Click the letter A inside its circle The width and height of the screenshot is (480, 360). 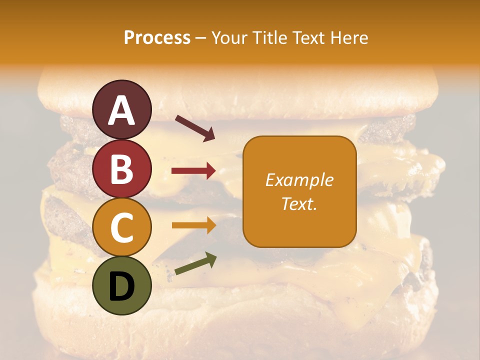[x=121, y=110]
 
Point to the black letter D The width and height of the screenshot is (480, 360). [x=121, y=286]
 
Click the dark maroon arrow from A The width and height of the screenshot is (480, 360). [x=195, y=128]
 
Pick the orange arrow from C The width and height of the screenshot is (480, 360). [x=193, y=225]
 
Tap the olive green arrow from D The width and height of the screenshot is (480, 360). [x=195, y=263]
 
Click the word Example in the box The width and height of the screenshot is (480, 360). [x=299, y=180]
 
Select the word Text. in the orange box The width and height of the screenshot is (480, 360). [x=299, y=204]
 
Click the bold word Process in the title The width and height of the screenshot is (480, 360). [x=157, y=38]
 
